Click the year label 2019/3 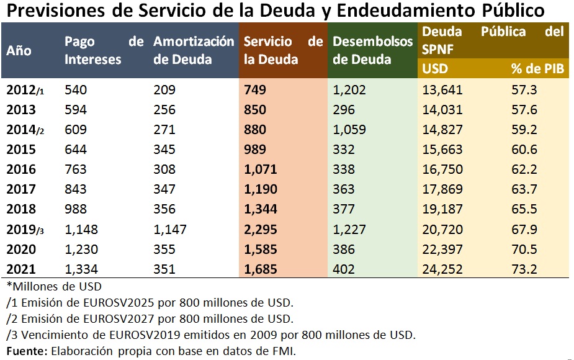click(25, 230)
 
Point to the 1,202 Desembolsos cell click(349, 90)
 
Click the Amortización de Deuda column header click(194, 50)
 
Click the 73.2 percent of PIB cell click(524, 269)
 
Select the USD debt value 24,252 click(442, 269)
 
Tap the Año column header click(19, 51)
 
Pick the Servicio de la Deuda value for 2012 click(254, 90)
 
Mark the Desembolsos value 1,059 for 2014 click(349, 130)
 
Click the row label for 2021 click(21, 269)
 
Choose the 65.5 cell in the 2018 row click(524, 210)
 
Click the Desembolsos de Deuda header click(372, 50)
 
